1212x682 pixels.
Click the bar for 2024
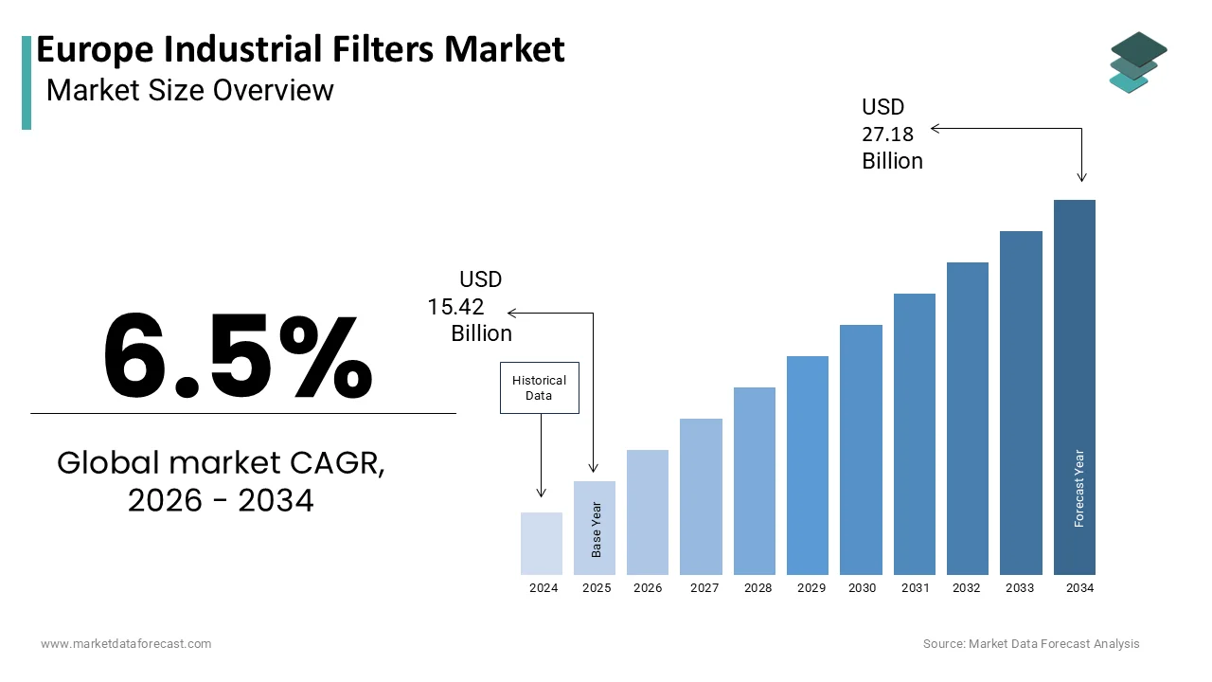point(542,544)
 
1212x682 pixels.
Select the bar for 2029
point(808,465)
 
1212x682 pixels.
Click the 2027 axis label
point(704,588)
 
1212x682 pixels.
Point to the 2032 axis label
point(967,588)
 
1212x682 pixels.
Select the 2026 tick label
point(648,588)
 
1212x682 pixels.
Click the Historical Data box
point(539,387)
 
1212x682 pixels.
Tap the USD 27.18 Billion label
point(891,135)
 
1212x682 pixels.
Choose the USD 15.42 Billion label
point(471,307)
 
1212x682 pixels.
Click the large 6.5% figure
point(238,356)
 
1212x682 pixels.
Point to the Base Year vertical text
point(597,529)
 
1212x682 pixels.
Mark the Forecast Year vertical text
point(1079,488)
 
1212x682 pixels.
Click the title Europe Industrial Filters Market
point(300,49)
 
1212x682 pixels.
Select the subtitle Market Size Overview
point(190,90)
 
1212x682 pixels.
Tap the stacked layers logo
point(1138,63)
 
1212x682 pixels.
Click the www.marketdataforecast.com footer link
point(126,644)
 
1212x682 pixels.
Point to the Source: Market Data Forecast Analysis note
point(1031,644)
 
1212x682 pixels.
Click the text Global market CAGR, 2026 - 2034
point(221,481)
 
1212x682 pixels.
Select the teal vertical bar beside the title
point(27,82)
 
